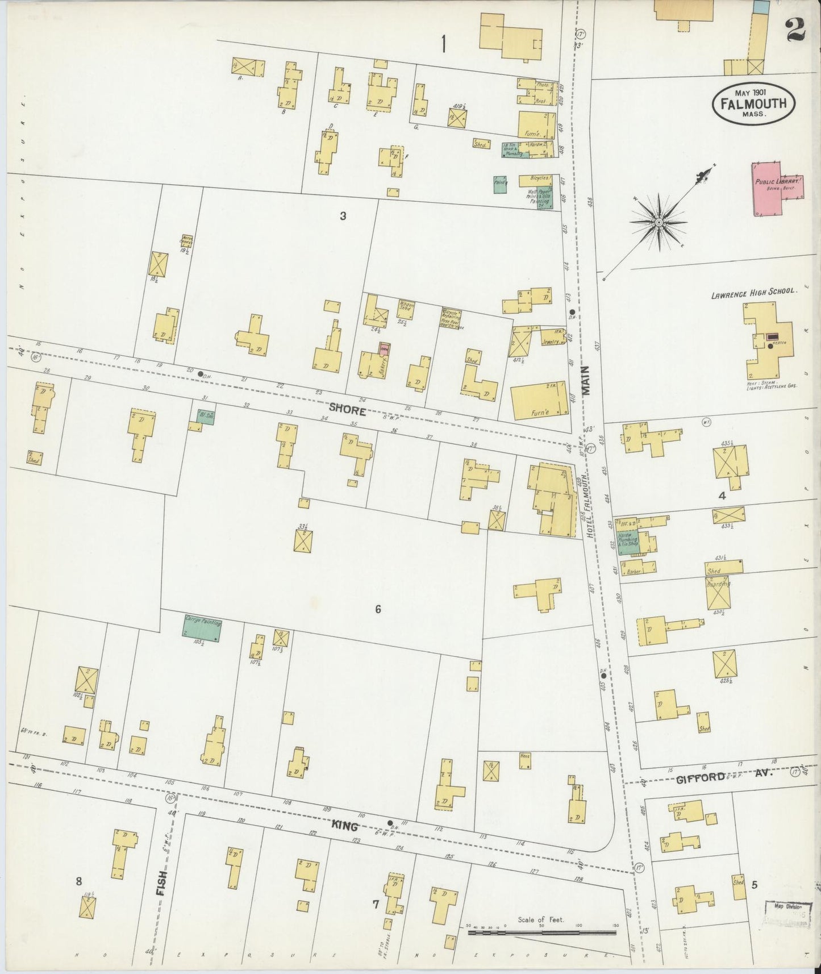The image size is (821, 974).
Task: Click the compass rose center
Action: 658,222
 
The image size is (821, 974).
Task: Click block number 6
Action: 377,610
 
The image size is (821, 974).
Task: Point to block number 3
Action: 343,215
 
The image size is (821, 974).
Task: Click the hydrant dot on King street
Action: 390,823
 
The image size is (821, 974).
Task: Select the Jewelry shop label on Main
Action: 549,342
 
